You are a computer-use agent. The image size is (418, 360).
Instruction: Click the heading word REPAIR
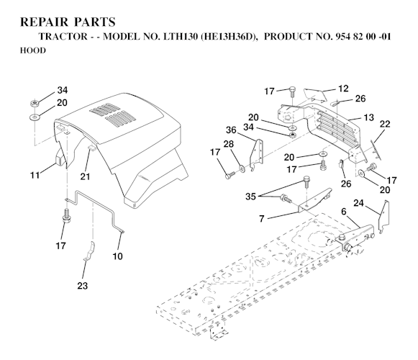point(45,22)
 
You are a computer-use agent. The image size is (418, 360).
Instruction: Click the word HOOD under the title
point(33,50)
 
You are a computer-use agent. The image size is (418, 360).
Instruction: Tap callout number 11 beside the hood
point(35,176)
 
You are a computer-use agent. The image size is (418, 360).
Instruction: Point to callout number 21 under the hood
point(85,176)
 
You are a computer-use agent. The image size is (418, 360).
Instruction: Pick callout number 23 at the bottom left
point(82,286)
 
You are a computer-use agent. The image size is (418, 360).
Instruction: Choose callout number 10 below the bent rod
point(117,256)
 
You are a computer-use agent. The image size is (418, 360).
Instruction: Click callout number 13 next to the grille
point(368,117)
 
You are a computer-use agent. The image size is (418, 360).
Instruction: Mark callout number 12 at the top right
point(343,89)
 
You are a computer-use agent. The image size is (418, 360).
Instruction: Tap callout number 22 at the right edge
point(385,124)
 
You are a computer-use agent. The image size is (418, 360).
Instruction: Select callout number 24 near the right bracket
point(358,203)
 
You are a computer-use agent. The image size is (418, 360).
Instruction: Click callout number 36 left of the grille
point(231,130)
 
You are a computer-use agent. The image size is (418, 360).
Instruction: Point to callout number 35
point(250,197)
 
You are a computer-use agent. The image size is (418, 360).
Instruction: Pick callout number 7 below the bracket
point(261,219)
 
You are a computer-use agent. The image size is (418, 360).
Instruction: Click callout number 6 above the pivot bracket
point(344,212)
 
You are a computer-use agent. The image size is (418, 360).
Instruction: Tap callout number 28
point(229,144)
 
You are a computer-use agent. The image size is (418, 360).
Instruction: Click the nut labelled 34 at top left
point(35,104)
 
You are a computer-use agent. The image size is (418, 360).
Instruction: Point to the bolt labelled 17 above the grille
point(292,92)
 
